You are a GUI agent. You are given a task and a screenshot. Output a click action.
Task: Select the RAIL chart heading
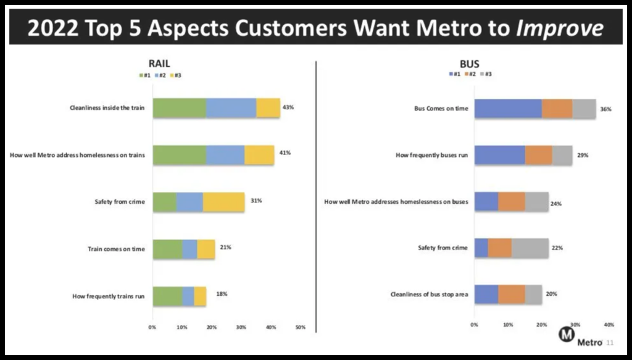click(x=159, y=64)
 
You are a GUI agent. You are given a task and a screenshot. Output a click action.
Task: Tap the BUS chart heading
click(x=469, y=64)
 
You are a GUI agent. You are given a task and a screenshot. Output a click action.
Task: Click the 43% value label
click(x=288, y=107)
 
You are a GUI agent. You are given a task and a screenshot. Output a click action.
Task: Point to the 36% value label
click(x=605, y=109)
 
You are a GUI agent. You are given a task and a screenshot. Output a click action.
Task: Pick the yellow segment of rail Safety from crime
click(x=223, y=202)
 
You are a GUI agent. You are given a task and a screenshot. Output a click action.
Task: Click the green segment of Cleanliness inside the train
click(x=179, y=107)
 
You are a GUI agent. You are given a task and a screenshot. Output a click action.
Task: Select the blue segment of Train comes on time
click(x=189, y=249)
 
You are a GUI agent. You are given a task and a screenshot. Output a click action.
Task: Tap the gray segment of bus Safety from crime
click(x=530, y=248)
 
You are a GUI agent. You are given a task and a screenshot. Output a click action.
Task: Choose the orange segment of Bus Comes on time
click(x=557, y=109)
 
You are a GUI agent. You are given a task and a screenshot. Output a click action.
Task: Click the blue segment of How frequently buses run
click(x=499, y=155)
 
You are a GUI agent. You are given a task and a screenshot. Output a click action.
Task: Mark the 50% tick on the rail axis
click(x=301, y=327)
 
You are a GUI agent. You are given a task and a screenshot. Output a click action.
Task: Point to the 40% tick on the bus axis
click(x=609, y=324)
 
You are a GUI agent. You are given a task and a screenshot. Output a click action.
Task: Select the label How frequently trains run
click(x=108, y=296)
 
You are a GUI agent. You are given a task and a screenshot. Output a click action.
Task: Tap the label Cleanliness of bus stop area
click(x=430, y=295)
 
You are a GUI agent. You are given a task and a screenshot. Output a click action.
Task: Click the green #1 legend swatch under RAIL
click(x=141, y=75)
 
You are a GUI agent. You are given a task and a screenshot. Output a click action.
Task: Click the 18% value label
click(x=222, y=294)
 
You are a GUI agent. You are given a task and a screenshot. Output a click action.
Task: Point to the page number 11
click(x=610, y=343)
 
